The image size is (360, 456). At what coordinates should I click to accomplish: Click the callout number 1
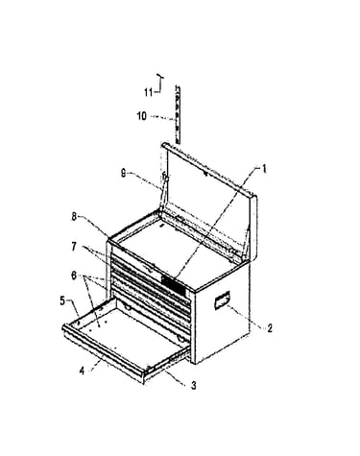[264, 169]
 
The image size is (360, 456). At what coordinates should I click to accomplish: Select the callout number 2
[270, 328]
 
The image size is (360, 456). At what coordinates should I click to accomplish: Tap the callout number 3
[193, 385]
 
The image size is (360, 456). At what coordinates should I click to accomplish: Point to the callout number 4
[82, 371]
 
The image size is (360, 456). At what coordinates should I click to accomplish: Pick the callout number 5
[62, 301]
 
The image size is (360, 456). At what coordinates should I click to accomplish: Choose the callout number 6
[74, 276]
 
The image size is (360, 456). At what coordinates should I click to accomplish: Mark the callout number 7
[74, 247]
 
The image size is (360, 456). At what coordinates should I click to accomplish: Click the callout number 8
[74, 217]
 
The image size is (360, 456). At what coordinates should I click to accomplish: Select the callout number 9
[124, 173]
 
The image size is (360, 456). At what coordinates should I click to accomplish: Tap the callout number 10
[142, 116]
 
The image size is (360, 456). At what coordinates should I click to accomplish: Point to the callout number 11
[149, 92]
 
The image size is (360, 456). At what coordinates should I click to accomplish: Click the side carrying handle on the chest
[222, 300]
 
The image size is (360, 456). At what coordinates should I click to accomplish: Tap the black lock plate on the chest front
[174, 284]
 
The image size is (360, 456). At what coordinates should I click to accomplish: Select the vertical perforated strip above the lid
[177, 114]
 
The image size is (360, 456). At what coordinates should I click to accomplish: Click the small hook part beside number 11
[160, 82]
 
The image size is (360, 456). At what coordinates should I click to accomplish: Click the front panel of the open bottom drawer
[103, 352]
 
